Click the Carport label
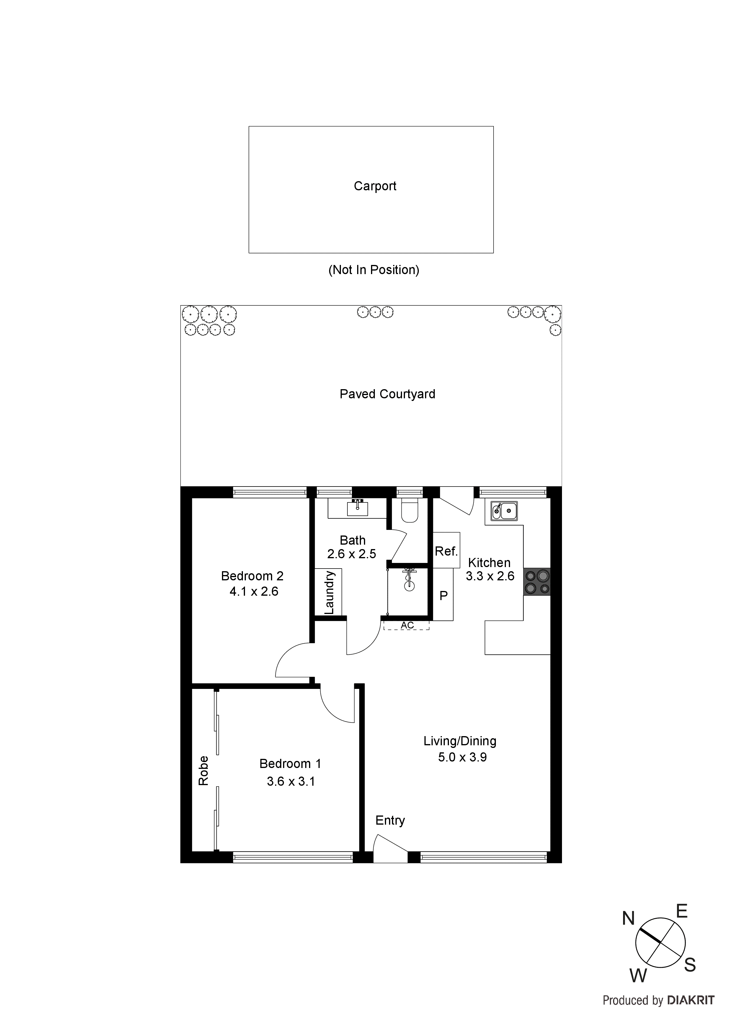(x=375, y=186)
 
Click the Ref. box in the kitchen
(x=446, y=551)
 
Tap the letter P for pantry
(x=443, y=595)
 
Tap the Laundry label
(x=330, y=592)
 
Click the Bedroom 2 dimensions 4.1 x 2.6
(x=254, y=592)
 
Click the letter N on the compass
(x=628, y=918)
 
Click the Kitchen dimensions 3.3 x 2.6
(x=490, y=576)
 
